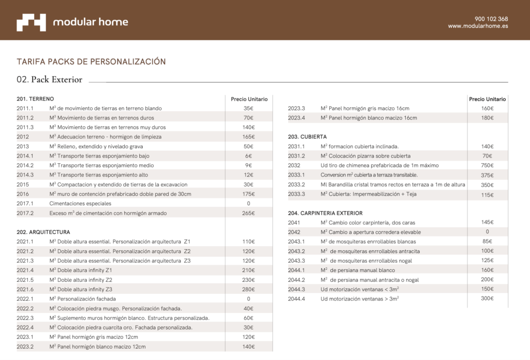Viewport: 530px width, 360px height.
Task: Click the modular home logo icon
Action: (31, 22)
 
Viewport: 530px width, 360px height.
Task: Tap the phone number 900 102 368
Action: (491, 19)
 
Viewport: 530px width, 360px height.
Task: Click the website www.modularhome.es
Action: (478, 26)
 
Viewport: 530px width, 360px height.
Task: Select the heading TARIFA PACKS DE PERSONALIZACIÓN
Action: (91, 62)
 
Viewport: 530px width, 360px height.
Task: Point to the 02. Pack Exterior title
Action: (50, 80)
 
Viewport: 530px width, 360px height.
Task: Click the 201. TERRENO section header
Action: (35, 99)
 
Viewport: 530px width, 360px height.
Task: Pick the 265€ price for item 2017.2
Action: (248, 213)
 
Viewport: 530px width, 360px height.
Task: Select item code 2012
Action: (23, 137)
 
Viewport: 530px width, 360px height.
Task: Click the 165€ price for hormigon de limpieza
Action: (248, 137)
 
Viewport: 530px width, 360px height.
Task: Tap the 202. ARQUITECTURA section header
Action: (43, 232)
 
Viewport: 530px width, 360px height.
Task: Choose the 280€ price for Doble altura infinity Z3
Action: (248, 289)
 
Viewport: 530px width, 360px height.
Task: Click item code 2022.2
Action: (25, 308)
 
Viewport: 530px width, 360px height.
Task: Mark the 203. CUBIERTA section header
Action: (307, 137)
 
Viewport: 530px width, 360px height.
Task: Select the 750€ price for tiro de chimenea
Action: (487, 165)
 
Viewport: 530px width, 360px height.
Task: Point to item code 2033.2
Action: (297, 184)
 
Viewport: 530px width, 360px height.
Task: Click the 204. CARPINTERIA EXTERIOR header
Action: (325, 213)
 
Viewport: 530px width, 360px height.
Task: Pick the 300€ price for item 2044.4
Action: (487, 298)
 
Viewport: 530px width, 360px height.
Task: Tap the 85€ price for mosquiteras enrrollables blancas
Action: (487, 241)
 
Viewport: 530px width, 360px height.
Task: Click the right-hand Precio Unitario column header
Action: (487, 99)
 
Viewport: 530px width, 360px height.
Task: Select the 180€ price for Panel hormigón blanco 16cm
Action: (487, 118)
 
